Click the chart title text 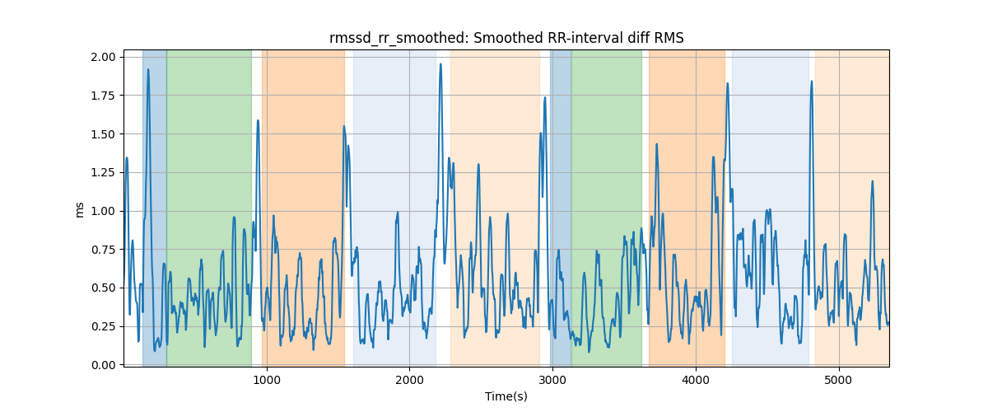pos(506,39)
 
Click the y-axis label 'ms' pos(79,210)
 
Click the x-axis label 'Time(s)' pos(506,396)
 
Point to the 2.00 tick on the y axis pos(103,57)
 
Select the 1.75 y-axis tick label pos(103,96)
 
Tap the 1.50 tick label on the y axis pos(103,134)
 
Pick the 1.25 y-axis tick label pos(103,173)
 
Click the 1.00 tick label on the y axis pos(103,211)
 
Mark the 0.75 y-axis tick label pos(103,250)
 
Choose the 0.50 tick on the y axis pos(103,288)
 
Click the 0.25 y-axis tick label pos(103,327)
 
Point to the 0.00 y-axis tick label pos(103,365)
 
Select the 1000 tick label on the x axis pos(267,380)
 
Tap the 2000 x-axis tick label pos(410,380)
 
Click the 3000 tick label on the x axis pos(552,380)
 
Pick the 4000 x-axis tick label pos(696,380)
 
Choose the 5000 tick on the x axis pos(838,380)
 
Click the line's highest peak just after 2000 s pos(440,64)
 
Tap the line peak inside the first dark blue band pos(148,69)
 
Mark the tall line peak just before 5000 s pos(812,82)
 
